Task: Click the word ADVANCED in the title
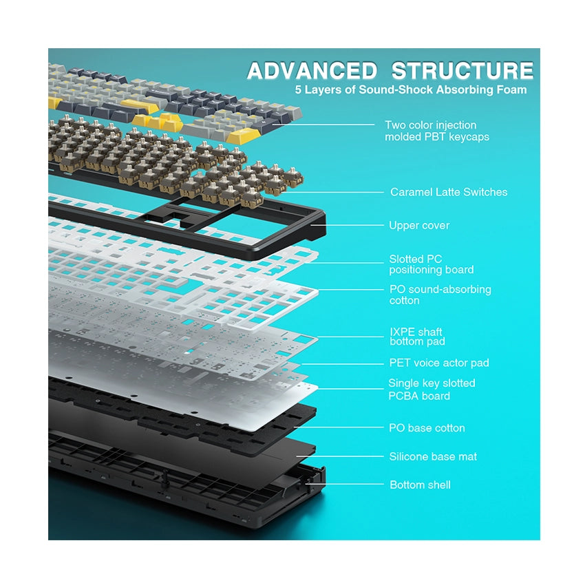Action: (312, 70)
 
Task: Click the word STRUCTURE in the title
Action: (462, 70)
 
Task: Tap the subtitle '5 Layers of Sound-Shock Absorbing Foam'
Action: (411, 90)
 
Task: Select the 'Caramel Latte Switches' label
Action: (449, 192)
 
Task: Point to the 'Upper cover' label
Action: (419, 225)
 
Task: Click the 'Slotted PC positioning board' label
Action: (432, 264)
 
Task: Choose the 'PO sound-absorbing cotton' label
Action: (440, 295)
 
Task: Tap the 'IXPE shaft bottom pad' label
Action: (417, 337)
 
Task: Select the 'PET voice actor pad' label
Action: (439, 363)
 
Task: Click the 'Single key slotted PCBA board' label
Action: (432, 390)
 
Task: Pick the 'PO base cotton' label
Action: (427, 428)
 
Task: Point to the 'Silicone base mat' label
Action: (433, 457)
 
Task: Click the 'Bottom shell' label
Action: (420, 485)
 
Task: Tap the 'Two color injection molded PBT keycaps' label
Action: (437, 131)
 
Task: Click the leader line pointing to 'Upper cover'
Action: (348, 225)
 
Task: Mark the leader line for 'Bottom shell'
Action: (345, 485)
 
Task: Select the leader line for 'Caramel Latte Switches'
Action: (332, 193)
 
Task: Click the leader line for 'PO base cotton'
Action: (339, 427)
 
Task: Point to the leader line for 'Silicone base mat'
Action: (340, 456)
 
